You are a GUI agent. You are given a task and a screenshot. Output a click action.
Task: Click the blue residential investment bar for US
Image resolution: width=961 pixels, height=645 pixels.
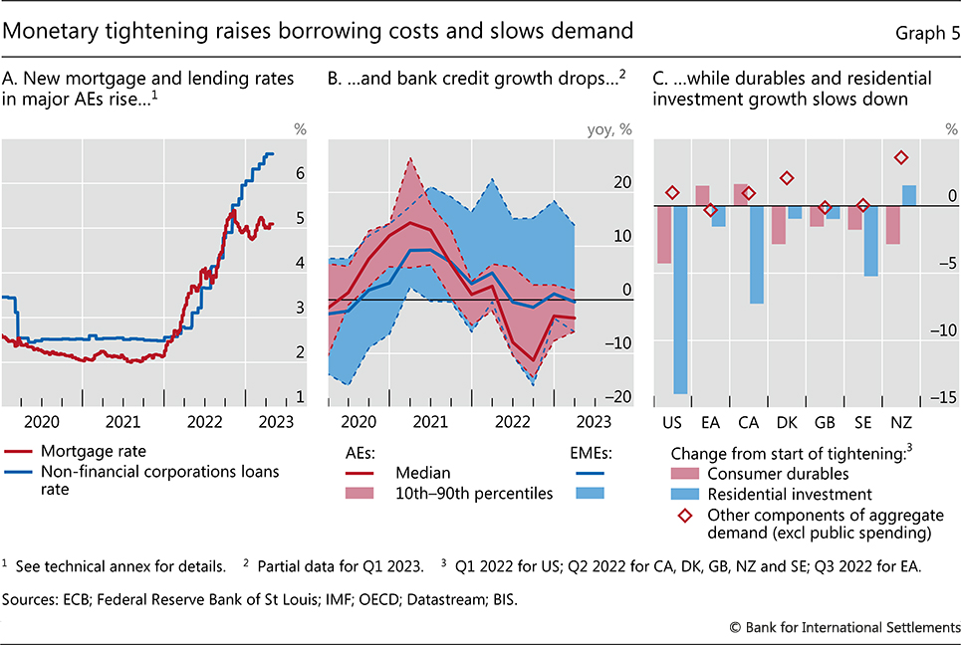(x=680, y=299)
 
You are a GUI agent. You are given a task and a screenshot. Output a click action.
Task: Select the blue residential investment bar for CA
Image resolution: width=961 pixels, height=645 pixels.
(x=757, y=254)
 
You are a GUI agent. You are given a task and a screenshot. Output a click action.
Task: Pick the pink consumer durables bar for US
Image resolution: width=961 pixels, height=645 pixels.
(x=664, y=234)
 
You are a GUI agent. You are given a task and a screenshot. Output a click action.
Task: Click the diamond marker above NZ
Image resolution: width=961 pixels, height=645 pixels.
(x=901, y=157)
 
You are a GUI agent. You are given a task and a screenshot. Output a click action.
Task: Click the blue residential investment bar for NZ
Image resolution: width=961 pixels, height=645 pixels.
(x=908, y=196)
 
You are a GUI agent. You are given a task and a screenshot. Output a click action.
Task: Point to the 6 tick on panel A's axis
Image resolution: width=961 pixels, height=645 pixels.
(x=302, y=173)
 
